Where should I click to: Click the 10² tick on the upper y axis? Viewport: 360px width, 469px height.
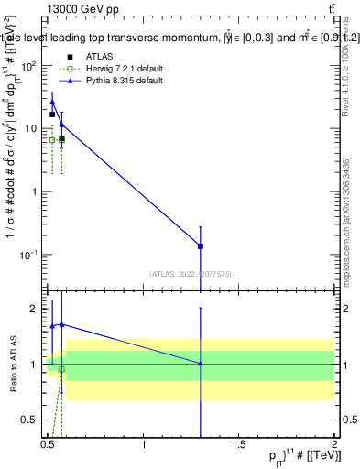tap(31, 66)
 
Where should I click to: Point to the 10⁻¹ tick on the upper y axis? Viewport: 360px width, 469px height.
tap(30, 254)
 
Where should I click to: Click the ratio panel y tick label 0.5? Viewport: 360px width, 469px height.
tap(32, 420)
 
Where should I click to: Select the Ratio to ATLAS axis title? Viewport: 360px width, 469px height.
tap(12, 364)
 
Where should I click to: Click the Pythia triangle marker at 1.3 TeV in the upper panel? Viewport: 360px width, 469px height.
tap(201, 245)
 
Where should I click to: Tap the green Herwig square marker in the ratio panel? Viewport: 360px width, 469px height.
tap(61, 369)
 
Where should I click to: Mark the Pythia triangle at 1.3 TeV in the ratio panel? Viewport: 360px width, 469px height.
tap(201, 364)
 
